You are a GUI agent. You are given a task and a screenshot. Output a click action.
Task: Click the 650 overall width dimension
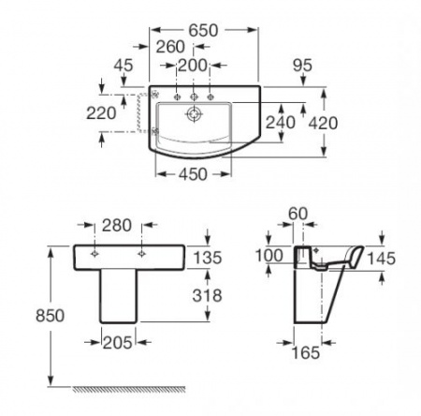203,30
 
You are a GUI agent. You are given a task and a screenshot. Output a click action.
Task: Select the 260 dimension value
170,47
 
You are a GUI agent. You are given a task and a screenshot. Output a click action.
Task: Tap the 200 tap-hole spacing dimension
193,66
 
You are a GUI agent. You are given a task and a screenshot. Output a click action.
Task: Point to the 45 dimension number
123,66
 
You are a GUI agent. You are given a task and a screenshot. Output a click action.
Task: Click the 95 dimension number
302,66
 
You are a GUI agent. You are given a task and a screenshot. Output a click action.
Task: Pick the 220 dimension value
101,113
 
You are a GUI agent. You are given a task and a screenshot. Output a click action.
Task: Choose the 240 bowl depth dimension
280,122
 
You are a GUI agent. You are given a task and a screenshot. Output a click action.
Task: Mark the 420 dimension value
323,123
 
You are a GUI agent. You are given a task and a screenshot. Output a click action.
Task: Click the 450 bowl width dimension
193,174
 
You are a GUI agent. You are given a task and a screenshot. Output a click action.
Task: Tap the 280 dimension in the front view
117,226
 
